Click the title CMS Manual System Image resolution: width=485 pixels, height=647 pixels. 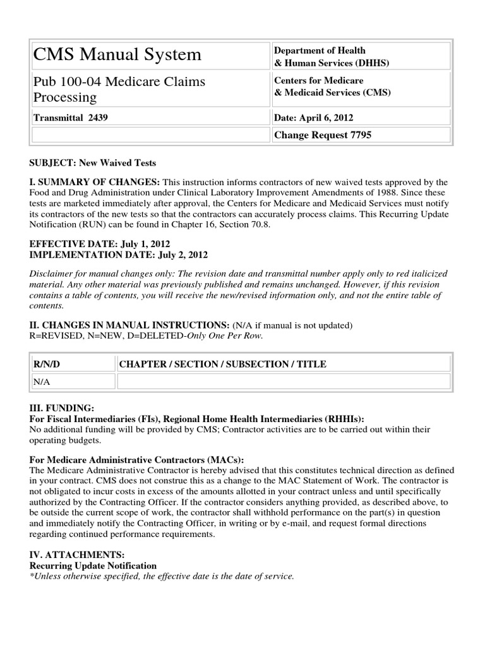pos(117,55)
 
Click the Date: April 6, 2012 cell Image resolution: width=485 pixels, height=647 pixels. pos(314,118)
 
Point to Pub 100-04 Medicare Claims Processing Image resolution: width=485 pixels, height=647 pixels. pos(119,89)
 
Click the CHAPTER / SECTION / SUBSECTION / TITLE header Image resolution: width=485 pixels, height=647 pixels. pos(222,364)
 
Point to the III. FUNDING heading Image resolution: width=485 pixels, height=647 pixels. pos(62,409)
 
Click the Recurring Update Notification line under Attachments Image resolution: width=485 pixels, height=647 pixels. pos(93,565)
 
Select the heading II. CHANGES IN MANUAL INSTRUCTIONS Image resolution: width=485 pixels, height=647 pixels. pos(129,325)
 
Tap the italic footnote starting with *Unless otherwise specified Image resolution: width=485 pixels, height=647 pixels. pos(162,576)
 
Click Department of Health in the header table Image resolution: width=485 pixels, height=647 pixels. pos(319,51)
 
